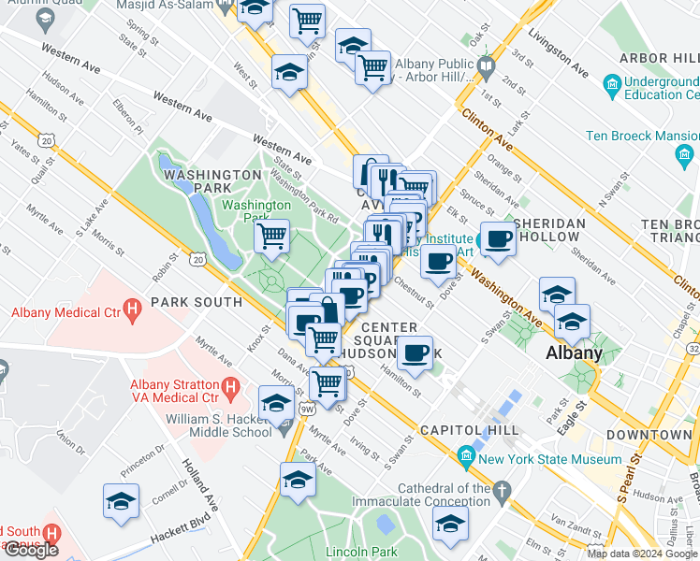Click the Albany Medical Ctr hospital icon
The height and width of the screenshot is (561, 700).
[x=132, y=307]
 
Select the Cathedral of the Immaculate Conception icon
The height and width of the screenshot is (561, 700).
[x=503, y=489]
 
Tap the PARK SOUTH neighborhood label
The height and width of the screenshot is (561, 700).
[x=197, y=302]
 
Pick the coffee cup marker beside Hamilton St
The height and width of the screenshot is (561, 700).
[x=415, y=353]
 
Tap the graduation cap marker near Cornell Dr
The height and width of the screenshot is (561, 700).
[x=122, y=501]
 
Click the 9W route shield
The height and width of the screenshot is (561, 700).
[x=306, y=408]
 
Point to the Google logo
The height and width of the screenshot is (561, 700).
[x=31, y=550]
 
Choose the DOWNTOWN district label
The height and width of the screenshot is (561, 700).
[x=649, y=436]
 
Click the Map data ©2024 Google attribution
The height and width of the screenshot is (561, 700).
[x=643, y=554]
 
